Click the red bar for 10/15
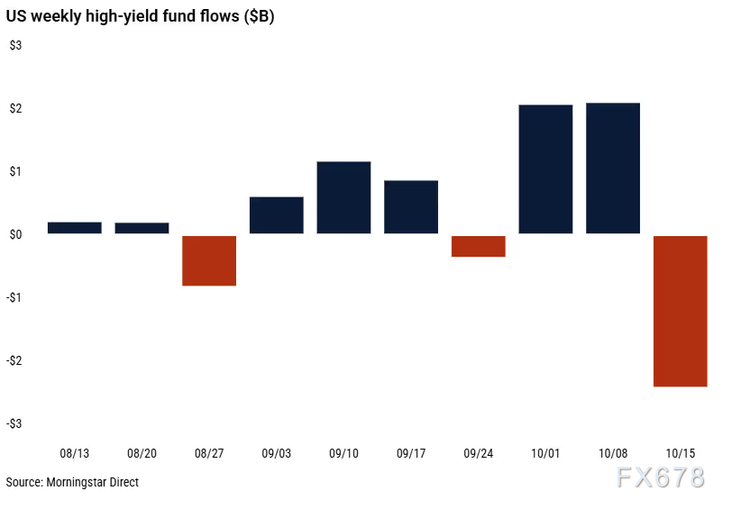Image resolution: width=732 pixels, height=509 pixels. pos(680,311)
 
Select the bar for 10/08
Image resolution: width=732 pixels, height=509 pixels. pos(613,168)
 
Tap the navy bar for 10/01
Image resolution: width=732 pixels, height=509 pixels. pos(545,169)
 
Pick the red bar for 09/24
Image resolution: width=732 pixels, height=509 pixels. pos(478,246)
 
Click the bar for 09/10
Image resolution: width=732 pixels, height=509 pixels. pos(343,197)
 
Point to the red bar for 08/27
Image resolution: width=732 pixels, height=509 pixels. pos(209,260)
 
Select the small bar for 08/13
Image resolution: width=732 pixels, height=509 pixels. pos(74,228)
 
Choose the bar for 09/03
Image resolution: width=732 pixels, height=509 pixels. pos(276,215)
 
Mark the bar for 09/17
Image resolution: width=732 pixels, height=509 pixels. pos(411,207)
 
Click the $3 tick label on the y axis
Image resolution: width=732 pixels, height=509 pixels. pos(15,46)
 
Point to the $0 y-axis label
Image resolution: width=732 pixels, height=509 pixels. pos(15,234)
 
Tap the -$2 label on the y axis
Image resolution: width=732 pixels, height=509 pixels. pos(15,360)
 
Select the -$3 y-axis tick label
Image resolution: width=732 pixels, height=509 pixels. pos(15,423)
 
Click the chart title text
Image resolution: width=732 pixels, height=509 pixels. pos(140,17)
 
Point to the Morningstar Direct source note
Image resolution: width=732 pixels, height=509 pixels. pos(72,483)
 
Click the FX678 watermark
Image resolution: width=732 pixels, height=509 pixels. pos(660,478)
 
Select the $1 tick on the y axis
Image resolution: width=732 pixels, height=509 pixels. pos(15,171)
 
